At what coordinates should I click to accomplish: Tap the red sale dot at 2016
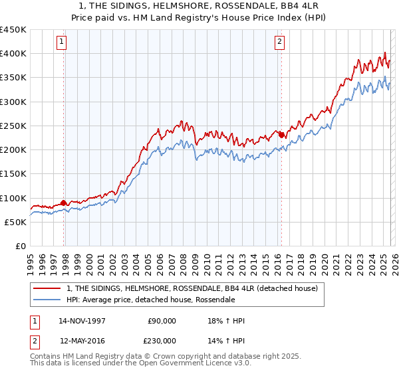coord(281,135)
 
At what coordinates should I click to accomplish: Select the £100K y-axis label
coord(13,198)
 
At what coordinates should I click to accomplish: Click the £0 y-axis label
coord(20,246)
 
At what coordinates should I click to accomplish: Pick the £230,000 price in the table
coord(162,339)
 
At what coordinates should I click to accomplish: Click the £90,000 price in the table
coord(162,321)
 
